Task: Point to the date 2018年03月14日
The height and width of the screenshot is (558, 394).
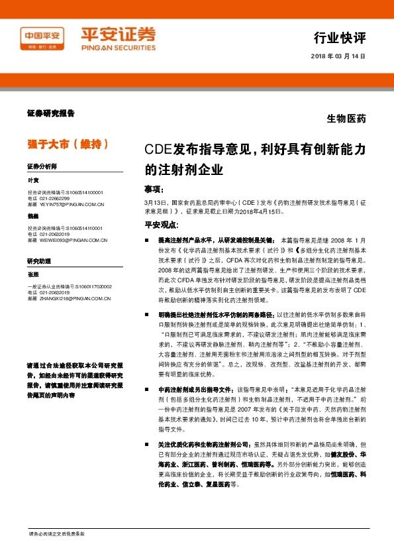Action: [338, 56]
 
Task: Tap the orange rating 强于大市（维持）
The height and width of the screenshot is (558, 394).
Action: [66, 143]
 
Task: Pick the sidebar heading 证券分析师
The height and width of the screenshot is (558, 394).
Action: [42, 166]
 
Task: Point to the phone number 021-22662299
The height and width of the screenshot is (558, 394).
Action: [55, 198]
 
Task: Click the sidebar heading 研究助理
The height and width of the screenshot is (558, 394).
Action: [38, 260]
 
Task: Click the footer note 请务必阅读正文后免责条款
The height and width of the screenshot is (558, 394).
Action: [56, 534]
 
